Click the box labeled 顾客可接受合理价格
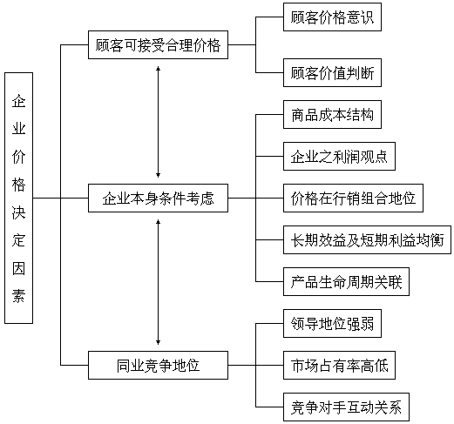(158, 45)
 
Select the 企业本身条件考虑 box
(158, 198)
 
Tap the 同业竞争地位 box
(158, 365)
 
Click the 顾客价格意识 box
(332, 17)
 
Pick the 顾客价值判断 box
(332, 72)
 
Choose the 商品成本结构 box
(332, 115)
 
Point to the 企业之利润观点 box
(339, 157)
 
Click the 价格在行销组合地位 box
(353, 198)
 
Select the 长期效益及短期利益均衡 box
(367, 240)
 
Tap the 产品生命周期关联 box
(346, 282)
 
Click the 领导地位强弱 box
(332, 324)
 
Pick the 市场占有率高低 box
(339, 365)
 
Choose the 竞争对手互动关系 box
(346, 407)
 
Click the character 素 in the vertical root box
(18, 296)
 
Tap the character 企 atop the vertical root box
(18, 101)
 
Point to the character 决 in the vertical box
(18, 212)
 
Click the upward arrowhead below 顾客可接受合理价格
(158, 69)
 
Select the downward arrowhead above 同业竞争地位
(158, 342)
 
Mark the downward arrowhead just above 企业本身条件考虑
(158, 175)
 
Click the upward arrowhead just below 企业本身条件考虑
(158, 222)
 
